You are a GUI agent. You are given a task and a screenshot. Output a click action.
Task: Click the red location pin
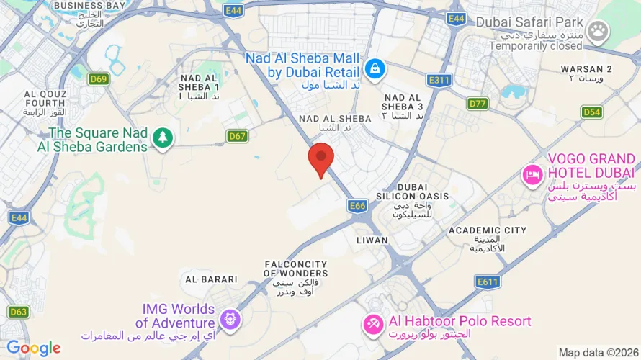320,159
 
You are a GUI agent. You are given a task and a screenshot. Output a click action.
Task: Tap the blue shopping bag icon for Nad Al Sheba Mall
375,69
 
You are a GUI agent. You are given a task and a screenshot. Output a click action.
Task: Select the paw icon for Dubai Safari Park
598,30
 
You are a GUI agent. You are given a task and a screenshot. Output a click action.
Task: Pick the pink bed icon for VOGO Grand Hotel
533,174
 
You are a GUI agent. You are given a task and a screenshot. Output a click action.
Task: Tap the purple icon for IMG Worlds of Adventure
230,318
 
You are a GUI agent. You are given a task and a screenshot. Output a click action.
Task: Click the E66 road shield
358,206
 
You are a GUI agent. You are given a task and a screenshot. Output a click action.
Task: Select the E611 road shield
487,283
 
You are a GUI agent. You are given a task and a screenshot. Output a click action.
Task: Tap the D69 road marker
99,79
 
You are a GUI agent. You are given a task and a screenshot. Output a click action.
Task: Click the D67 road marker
238,135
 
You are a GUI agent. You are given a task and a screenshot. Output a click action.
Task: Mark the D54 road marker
592,112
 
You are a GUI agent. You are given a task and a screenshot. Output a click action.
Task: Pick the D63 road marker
19,312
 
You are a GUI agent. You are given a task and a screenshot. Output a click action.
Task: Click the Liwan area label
372,240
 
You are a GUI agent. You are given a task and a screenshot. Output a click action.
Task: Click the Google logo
34,349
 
